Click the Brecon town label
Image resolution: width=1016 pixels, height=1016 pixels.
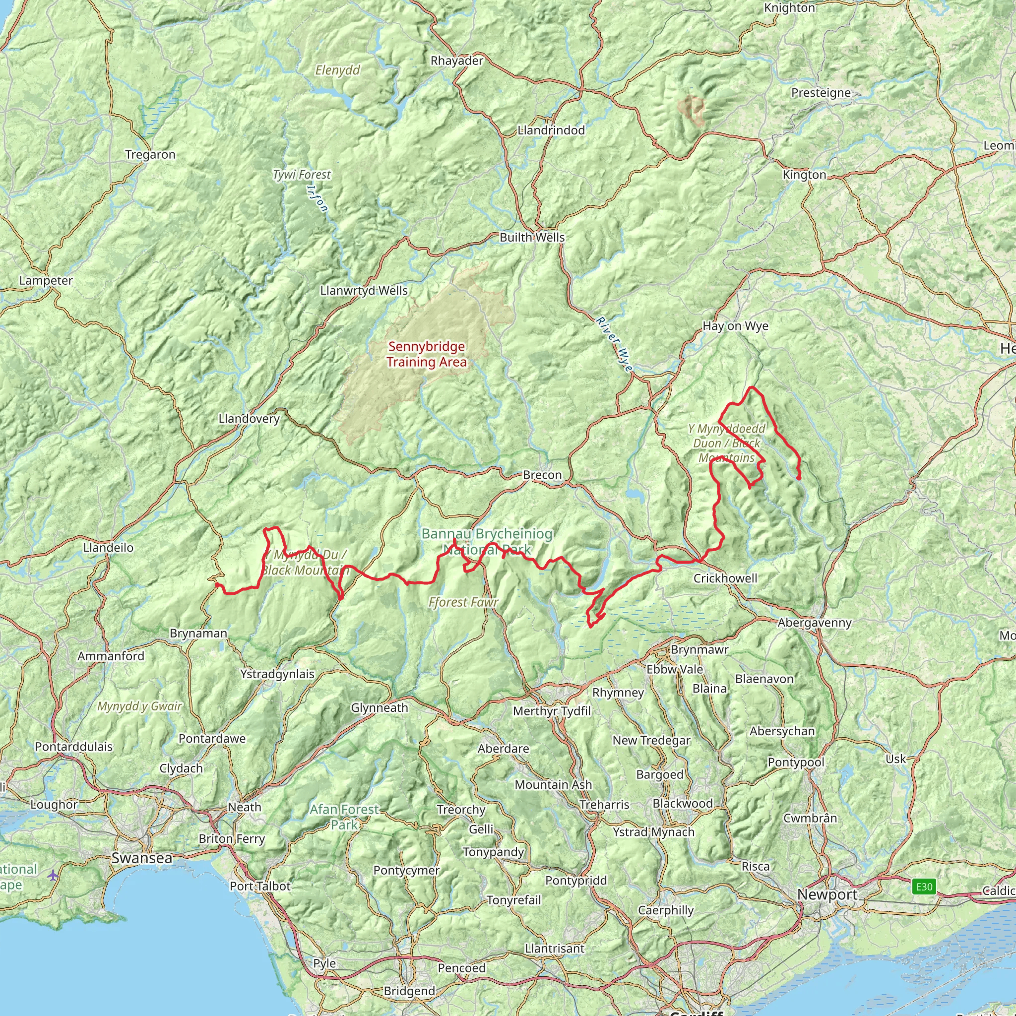542,475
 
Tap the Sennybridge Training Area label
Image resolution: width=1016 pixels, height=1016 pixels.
427,354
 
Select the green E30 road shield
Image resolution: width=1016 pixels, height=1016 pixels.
924,887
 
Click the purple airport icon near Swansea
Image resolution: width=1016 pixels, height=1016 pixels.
53,875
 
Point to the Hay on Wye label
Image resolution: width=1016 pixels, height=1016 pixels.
735,326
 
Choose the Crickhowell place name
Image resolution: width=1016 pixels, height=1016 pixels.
725,578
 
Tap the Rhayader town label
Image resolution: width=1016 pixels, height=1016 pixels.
456,61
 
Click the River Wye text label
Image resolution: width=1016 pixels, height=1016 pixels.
614,344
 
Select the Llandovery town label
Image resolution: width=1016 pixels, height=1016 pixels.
249,419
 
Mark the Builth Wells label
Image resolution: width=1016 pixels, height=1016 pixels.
532,237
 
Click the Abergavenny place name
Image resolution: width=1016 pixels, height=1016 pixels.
814,623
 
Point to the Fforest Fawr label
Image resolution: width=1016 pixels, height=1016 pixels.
463,602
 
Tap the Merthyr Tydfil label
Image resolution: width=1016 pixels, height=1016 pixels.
552,711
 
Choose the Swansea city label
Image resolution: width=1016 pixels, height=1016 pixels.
141,858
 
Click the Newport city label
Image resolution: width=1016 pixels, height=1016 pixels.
827,894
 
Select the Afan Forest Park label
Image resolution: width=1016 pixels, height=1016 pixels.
344,817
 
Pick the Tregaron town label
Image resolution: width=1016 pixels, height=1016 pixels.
150,155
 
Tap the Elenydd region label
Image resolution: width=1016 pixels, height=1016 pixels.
338,70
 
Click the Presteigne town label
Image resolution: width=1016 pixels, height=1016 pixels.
821,93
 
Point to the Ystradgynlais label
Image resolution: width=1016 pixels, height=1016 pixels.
277,674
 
